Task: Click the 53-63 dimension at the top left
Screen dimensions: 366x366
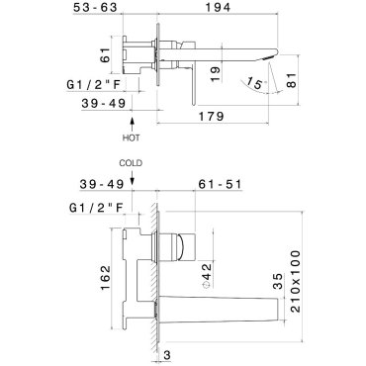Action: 95,7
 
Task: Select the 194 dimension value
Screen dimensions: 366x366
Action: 218,7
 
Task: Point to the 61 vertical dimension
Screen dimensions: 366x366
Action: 105,54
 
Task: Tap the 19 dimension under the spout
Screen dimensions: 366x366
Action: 215,73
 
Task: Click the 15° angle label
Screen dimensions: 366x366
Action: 256,83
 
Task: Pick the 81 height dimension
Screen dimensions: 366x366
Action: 292,80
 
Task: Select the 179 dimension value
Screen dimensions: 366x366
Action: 211,116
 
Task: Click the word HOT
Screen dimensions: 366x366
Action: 131,137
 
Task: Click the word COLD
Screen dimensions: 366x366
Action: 131,163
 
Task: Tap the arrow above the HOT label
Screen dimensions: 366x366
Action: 133,125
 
